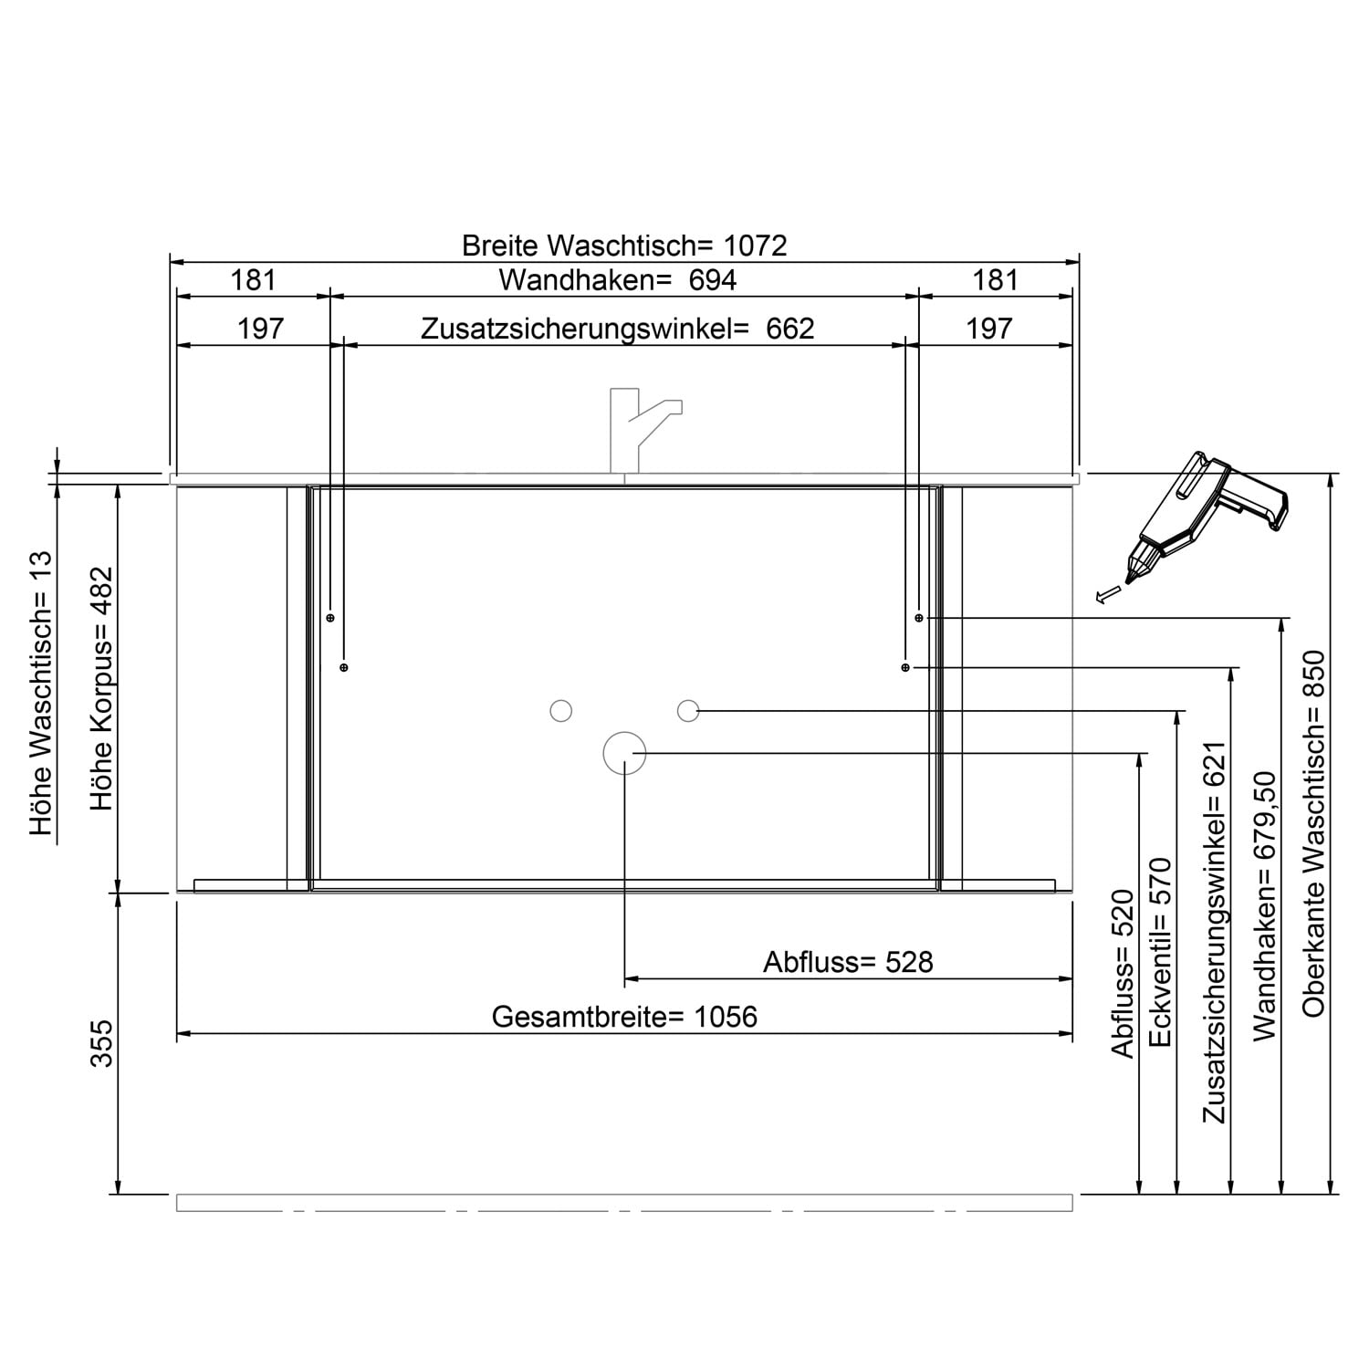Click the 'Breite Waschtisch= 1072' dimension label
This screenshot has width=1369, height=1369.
624,246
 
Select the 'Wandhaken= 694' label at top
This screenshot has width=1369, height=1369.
618,280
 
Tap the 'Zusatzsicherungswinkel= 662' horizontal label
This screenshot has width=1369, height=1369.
618,329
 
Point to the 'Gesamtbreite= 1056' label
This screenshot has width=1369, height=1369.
624,1017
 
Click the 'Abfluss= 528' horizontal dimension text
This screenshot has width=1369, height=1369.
849,962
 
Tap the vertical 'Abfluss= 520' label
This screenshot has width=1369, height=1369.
1123,975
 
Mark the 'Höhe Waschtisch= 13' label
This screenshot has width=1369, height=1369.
42,695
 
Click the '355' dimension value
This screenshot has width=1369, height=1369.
102,1044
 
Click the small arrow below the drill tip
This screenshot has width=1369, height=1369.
1107,595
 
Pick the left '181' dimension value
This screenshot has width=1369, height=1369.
253,280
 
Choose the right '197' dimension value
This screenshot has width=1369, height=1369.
989,329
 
